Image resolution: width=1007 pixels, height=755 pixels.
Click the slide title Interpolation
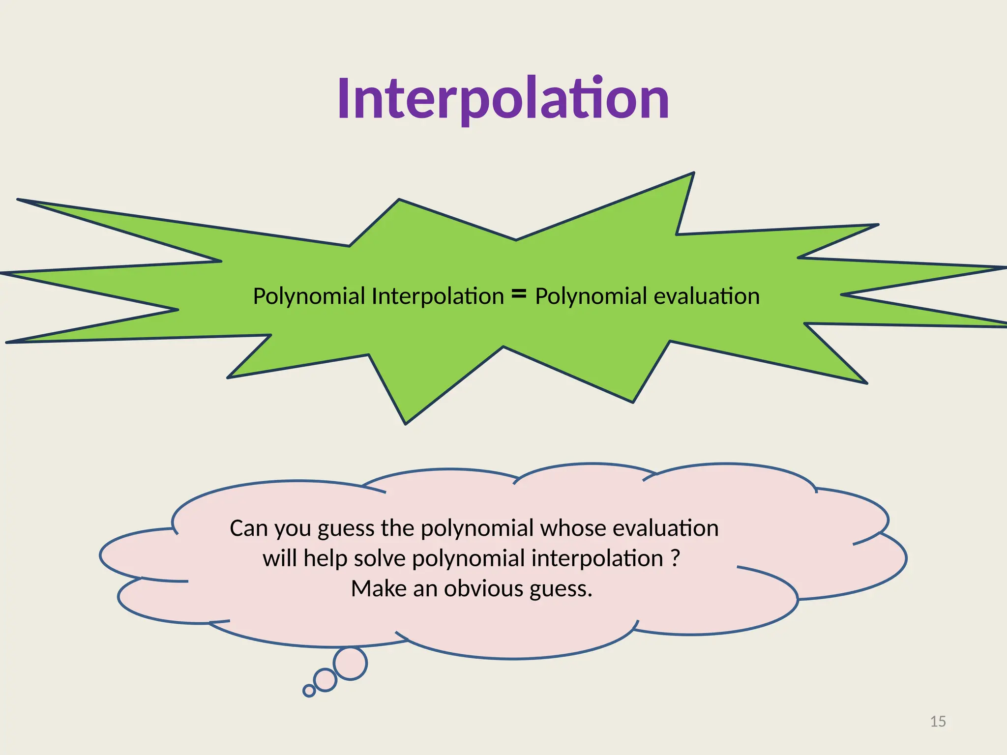pyautogui.click(x=503, y=99)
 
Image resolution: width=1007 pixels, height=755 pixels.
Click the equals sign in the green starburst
pyautogui.click(x=519, y=294)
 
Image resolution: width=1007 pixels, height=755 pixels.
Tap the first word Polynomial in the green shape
pyautogui.click(x=309, y=296)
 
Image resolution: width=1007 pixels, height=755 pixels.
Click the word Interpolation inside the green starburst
pyautogui.click(x=438, y=296)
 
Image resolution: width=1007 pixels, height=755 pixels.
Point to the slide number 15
pyautogui.click(x=938, y=722)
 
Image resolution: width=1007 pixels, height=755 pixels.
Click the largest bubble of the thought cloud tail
pyautogui.click(x=350, y=664)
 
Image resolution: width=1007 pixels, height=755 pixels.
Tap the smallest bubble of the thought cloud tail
pyautogui.click(x=309, y=691)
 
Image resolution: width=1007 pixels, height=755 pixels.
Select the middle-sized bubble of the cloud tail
pyautogui.click(x=325, y=680)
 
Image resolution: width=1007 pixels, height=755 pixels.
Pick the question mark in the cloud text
pyautogui.click(x=675, y=558)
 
